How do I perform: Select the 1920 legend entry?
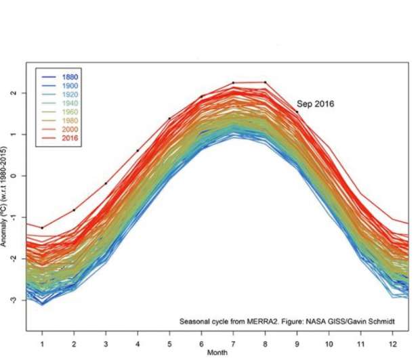(70, 95)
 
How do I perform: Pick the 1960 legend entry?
(70, 112)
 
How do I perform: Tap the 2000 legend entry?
(70, 130)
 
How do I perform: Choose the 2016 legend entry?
(70, 139)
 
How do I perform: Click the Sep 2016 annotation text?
(316, 104)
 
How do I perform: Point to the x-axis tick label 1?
(42, 342)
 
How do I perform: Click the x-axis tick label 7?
(233, 342)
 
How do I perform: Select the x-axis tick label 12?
(392, 342)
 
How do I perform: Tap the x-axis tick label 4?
(138, 342)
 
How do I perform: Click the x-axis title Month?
(218, 353)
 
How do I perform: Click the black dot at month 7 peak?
(233, 83)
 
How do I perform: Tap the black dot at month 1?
(42, 228)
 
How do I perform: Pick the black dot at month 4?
(138, 151)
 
